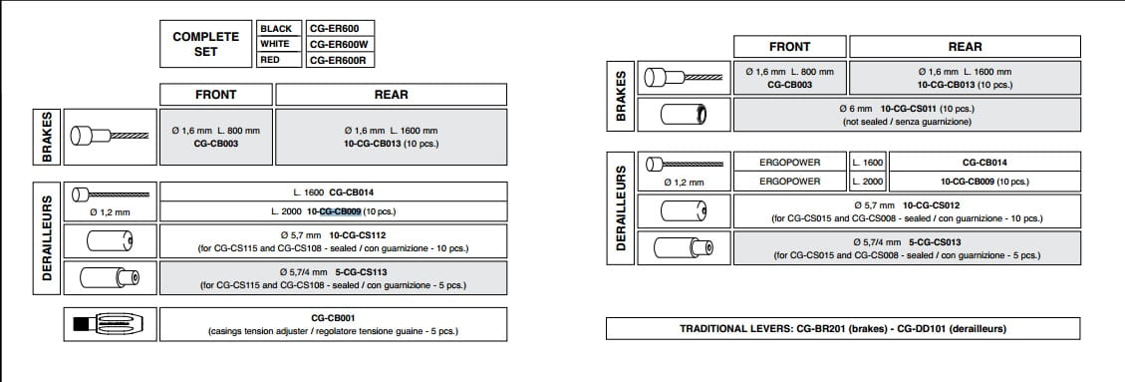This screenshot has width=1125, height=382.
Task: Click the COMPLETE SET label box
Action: coord(206,44)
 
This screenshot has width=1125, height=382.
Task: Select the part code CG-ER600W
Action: coord(340,44)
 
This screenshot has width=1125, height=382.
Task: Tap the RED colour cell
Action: coord(279,60)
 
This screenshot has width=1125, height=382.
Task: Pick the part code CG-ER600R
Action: coord(340,60)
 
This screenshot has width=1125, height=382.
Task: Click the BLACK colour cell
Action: coord(279,29)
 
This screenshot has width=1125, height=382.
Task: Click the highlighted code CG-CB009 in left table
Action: coord(340,211)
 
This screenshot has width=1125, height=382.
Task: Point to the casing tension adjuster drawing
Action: coord(110,324)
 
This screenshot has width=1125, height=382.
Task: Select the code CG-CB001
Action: coord(333,317)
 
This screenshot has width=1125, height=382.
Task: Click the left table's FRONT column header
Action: coord(216,95)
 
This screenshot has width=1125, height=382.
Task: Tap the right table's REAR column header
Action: coord(965,47)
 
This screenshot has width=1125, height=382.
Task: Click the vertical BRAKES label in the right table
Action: coord(621,96)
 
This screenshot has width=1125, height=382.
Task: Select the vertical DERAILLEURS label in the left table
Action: coord(47,237)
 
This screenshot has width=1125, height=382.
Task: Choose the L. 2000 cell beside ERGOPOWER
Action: coord(868,182)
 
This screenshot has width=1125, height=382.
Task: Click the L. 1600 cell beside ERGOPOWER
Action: coord(868,163)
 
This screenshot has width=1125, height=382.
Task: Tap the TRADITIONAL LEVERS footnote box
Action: coord(843,328)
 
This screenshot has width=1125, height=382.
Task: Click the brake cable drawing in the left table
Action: coord(110,136)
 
